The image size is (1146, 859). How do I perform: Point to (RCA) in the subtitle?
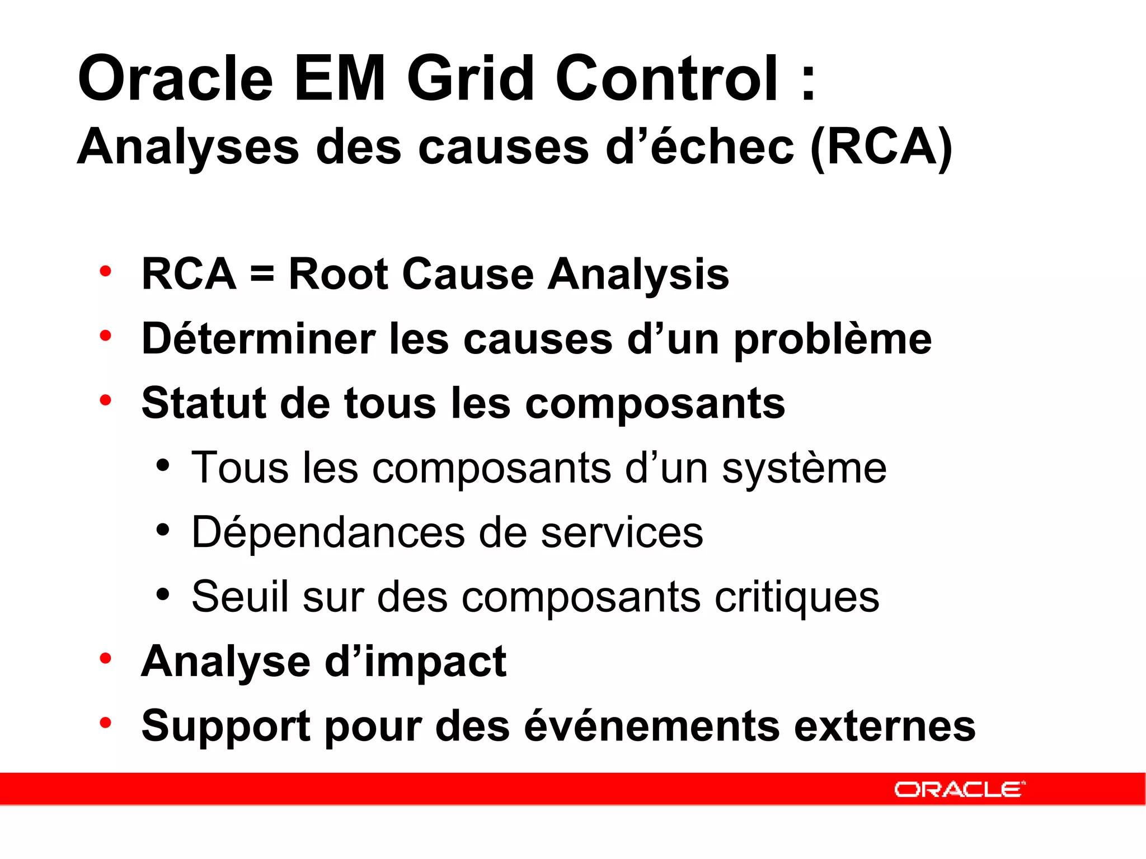(881, 147)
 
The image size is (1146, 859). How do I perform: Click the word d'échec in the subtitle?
(699, 147)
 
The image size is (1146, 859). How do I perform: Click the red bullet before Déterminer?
(105, 336)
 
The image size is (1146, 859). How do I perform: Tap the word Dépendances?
(328, 532)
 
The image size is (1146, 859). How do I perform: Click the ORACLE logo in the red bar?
(959, 789)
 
